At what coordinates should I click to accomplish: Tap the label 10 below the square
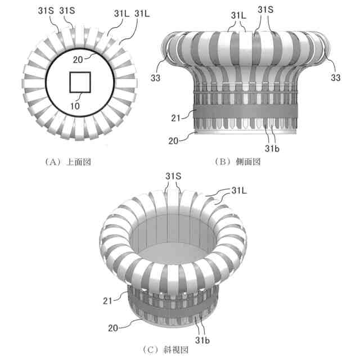point(75,106)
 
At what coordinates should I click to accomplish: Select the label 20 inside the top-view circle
point(78,60)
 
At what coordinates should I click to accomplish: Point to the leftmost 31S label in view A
point(46,11)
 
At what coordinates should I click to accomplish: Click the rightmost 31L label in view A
point(142,13)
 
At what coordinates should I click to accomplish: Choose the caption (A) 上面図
point(68,162)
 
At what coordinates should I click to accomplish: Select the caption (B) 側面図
point(238,162)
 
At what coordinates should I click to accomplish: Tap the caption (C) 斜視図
point(165,350)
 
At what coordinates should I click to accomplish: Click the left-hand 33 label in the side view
point(155,78)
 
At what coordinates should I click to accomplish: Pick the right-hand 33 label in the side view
point(336,78)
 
